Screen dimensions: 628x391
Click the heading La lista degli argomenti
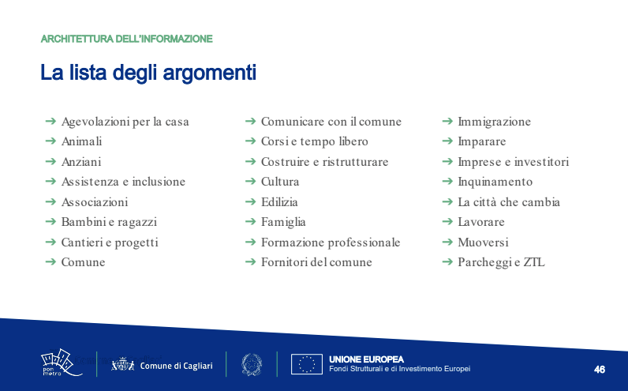coord(148,73)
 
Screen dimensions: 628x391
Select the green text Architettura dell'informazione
coord(126,39)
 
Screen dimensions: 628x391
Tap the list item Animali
coord(82,141)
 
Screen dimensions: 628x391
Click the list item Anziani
coord(81,162)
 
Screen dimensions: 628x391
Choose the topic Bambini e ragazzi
coord(109,222)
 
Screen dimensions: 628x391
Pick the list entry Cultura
coord(280,182)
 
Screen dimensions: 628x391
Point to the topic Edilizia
coord(279,201)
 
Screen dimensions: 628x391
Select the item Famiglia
coord(283,222)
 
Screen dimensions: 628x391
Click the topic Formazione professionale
coord(331,242)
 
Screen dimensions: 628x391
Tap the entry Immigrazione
coord(494,122)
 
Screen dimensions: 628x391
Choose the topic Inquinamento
coord(495,182)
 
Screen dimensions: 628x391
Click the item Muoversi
coord(483,242)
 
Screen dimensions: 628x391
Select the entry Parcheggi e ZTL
coord(501,262)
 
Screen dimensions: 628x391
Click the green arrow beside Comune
coord(50,262)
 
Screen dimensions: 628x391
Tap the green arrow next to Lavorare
coord(447,221)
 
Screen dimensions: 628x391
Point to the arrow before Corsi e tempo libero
coord(250,141)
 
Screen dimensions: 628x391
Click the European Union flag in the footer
coord(307,364)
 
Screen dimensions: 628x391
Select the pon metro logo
coord(61,363)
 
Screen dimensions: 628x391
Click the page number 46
coord(600,370)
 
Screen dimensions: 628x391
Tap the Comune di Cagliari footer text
coord(176,366)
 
